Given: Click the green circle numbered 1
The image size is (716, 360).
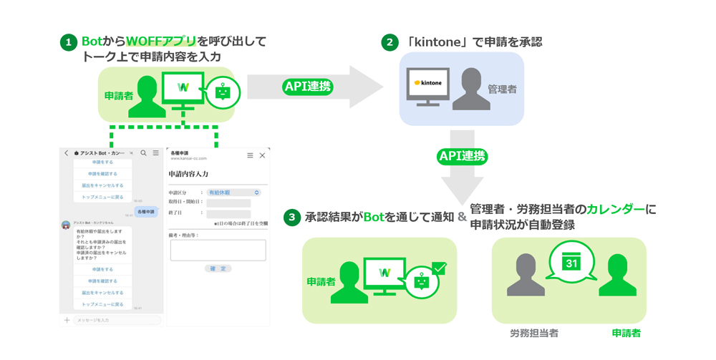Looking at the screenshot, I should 69,43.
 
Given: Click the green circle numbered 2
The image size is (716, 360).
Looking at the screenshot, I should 390,43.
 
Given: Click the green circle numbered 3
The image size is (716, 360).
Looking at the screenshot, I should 291,218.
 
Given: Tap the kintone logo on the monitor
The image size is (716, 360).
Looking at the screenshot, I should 428,83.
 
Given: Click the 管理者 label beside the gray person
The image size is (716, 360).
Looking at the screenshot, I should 502,89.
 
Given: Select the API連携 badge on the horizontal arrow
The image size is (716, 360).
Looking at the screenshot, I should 308,87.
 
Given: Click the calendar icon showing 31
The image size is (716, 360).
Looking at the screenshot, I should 571,262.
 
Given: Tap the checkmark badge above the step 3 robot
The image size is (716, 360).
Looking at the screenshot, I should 439,268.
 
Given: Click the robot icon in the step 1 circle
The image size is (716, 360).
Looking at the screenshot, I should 223,93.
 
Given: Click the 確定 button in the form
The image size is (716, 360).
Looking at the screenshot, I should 218,268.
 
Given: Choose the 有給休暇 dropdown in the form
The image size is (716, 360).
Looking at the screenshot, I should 233,193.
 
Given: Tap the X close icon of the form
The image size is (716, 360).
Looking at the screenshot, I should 262,155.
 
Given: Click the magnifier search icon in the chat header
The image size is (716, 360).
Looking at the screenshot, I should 144,153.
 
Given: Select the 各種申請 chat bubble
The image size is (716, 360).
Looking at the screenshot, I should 146,212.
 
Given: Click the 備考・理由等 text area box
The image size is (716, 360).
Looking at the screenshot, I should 218,250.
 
